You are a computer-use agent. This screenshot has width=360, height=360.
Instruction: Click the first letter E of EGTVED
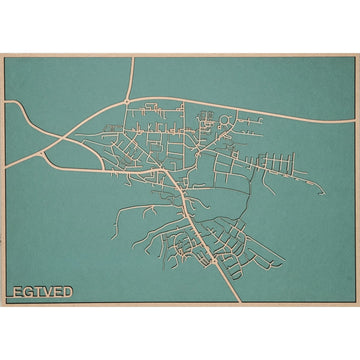15,292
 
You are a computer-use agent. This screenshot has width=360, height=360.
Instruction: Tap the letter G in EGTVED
26,292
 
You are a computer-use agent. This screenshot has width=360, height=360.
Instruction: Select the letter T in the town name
36,292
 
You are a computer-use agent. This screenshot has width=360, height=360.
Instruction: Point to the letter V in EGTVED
46,292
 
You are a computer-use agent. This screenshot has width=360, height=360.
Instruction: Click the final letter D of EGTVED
67,292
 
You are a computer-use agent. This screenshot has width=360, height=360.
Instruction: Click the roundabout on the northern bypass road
126,101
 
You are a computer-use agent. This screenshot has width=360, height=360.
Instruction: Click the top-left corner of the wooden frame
2,55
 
